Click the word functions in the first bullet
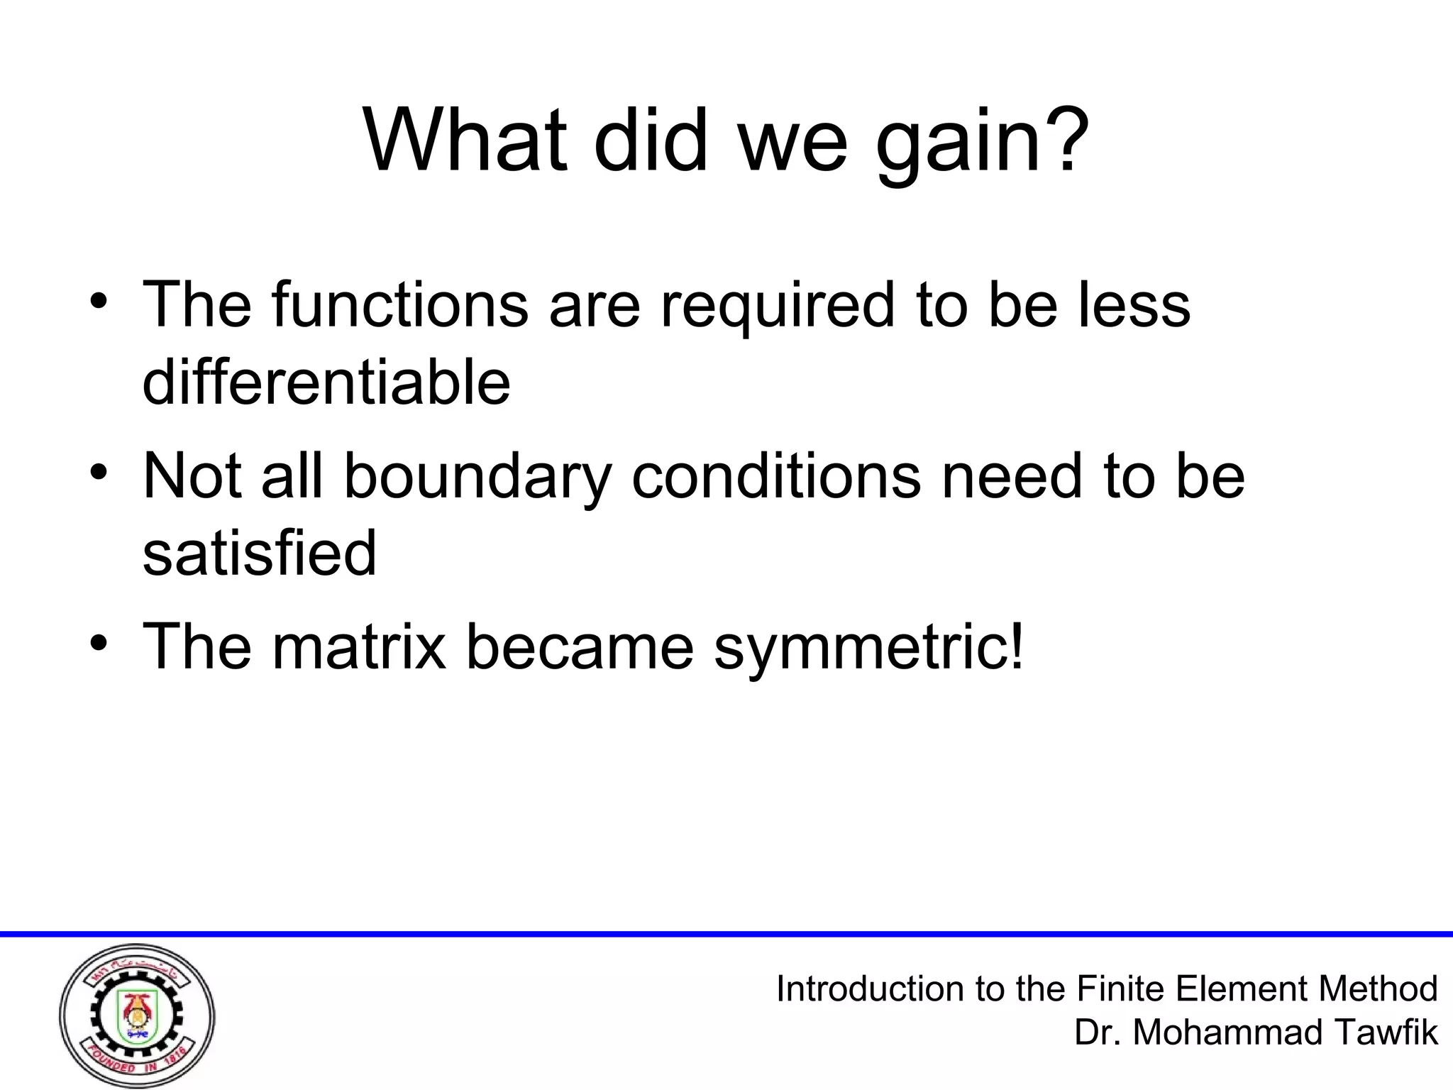click(x=399, y=305)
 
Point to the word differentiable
click(x=326, y=383)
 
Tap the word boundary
click(x=477, y=477)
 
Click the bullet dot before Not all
click(x=99, y=472)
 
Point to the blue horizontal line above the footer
click(x=726, y=934)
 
